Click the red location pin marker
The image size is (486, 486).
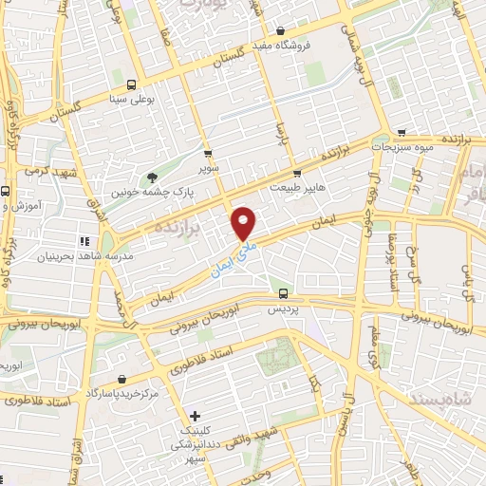244,223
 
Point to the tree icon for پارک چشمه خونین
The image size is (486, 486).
152,177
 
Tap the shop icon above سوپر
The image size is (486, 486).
208,152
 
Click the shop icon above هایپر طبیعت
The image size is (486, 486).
297,173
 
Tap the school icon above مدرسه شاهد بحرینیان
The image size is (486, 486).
84,241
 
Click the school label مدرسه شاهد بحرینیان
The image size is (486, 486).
84,256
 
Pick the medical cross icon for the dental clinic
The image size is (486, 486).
195,416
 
